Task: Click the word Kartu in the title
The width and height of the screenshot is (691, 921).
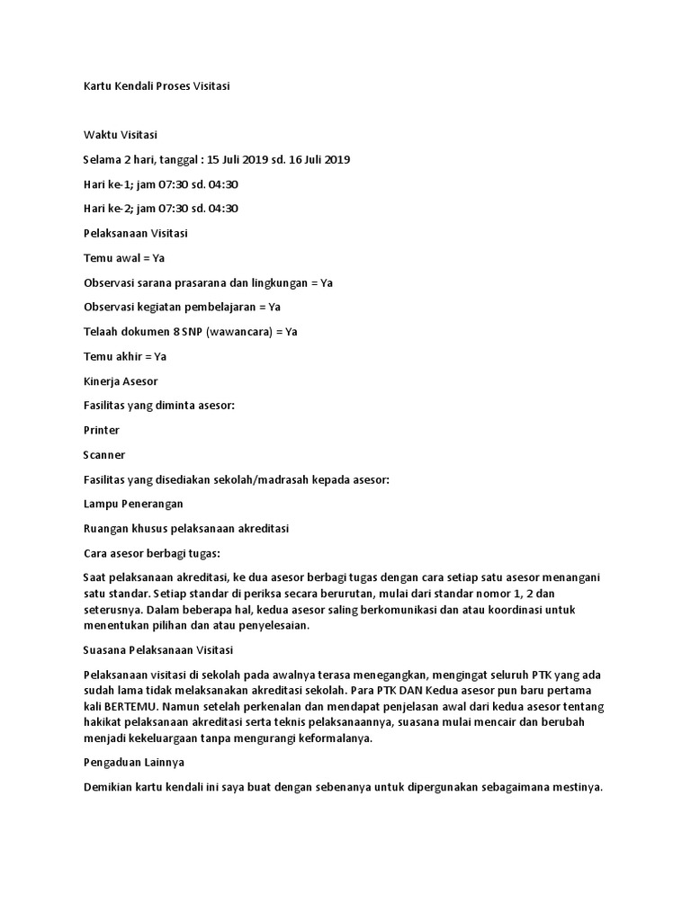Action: (98, 86)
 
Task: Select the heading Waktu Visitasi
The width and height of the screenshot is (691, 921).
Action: (120, 135)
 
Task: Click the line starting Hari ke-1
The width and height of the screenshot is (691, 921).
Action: (160, 184)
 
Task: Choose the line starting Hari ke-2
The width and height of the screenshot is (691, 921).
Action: (160, 209)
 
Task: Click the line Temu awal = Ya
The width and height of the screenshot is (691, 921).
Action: (124, 258)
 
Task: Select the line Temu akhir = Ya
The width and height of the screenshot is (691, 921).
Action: (124, 356)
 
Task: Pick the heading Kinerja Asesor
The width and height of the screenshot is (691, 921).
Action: (121, 381)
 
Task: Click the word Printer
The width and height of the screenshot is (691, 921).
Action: (102, 430)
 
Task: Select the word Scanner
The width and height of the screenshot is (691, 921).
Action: (104, 455)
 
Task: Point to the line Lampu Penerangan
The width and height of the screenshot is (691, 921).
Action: (133, 504)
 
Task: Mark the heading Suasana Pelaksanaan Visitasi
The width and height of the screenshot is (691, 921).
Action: (158, 649)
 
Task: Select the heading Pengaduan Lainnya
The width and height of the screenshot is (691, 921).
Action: (133, 763)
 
